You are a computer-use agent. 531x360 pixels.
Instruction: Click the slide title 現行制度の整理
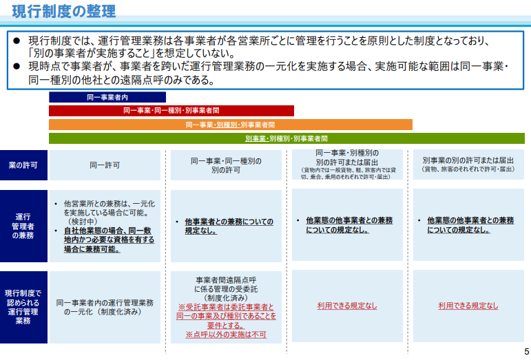click(x=63, y=11)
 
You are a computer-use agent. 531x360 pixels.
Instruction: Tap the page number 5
click(x=527, y=351)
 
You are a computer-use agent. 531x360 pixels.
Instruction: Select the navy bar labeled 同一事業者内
click(x=107, y=97)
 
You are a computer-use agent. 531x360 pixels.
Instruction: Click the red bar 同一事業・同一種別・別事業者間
click(x=171, y=111)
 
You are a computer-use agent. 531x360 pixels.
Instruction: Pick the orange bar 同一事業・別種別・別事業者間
click(x=231, y=125)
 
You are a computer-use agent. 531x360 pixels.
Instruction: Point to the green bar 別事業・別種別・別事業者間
click(x=287, y=138)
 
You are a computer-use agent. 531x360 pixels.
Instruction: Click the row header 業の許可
click(x=23, y=165)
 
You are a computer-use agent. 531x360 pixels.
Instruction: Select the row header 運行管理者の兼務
click(x=23, y=226)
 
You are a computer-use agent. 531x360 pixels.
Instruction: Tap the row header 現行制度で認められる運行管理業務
click(x=23, y=307)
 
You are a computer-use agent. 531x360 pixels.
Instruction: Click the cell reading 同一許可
click(x=105, y=165)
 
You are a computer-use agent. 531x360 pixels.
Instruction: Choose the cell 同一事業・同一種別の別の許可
click(x=226, y=165)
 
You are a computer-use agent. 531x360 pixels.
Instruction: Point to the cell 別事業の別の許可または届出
click(x=469, y=165)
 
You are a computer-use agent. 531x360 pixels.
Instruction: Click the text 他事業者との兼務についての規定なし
click(x=229, y=226)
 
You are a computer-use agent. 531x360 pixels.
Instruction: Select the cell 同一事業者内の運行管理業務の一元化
click(x=105, y=307)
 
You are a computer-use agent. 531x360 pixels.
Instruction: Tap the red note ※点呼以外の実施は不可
click(x=226, y=335)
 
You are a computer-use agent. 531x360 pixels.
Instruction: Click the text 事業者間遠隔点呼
click(x=226, y=280)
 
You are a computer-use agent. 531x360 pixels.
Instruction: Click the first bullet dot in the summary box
click(x=17, y=41)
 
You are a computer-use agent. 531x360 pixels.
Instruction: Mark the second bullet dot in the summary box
click(x=17, y=66)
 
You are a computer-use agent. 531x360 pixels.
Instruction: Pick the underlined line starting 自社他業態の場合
click(x=107, y=231)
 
